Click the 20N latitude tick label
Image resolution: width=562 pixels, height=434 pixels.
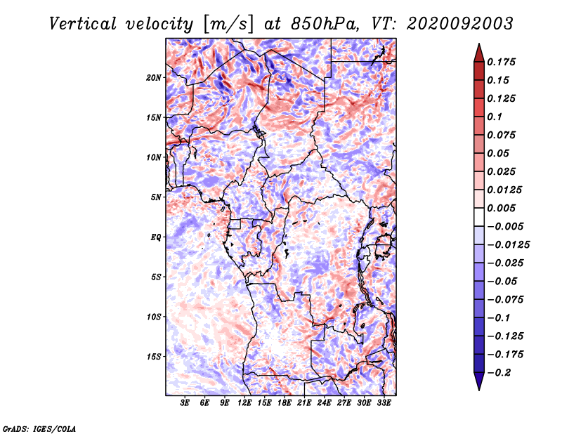tap(154, 78)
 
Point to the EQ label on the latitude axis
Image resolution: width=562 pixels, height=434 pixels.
tap(156, 237)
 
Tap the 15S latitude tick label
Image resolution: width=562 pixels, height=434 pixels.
tap(154, 357)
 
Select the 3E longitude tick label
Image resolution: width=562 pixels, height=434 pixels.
tap(185, 403)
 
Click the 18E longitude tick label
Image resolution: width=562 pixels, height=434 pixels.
tap(285, 403)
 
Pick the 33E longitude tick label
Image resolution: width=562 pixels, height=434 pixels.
tap(384, 403)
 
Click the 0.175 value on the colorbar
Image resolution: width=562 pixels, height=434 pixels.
tap(501, 62)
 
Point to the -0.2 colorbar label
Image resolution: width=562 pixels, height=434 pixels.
tap(499, 373)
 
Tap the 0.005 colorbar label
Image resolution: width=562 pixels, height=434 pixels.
tap(501, 208)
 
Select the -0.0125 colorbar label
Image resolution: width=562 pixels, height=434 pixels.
tap(508, 245)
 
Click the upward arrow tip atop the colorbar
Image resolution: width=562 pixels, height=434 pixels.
tap(479, 44)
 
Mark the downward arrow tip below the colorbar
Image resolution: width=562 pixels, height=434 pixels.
tap(479, 390)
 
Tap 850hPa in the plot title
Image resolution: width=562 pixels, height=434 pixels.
tap(325, 24)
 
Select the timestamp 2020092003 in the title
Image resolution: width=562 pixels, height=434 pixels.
tap(460, 24)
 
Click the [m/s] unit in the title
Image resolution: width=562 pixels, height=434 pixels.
tap(228, 25)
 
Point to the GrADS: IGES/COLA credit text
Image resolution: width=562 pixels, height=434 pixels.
tap(39, 428)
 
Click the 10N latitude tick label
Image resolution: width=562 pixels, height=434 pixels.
tap(154, 157)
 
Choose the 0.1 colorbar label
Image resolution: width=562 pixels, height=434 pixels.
tap(495, 117)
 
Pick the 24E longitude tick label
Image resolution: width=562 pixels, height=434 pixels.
tap(324, 403)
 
